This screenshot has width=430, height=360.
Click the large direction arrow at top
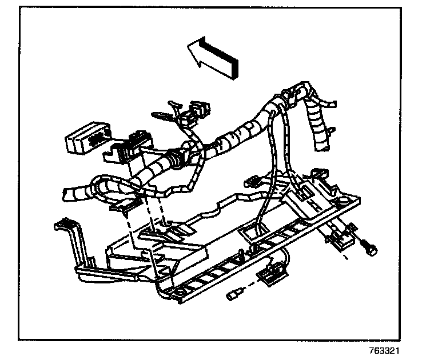click(213, 57)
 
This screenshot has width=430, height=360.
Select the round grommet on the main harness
click(178, 159)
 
